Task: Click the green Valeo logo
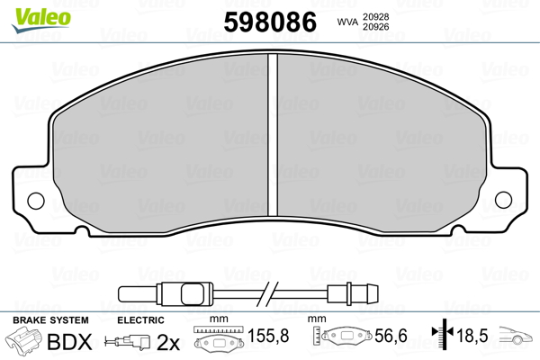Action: [x=41, y=20]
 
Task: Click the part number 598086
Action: [x=270, y=22]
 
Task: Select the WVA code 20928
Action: [x=375, y=17]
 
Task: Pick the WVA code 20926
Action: [x=375, y=27]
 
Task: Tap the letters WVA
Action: [x=347, y=22]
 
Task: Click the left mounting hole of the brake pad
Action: [x=36, y=201]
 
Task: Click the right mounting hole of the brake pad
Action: [x=503, y=200]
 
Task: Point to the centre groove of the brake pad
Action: [x=273, y=135]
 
